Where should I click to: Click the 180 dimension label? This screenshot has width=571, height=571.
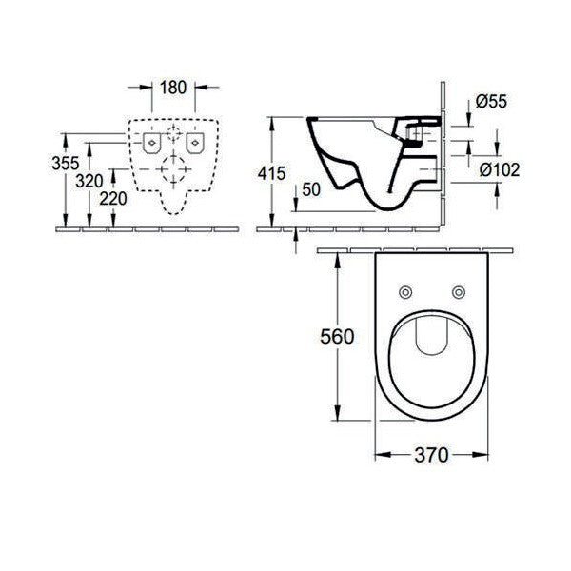(x=173, y=89)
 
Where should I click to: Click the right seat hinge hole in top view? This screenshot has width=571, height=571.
(x=460, y=291)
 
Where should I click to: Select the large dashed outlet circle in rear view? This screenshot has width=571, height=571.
(x=173, y=172)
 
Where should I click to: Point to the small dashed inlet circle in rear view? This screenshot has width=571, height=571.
(x=173, y=132)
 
